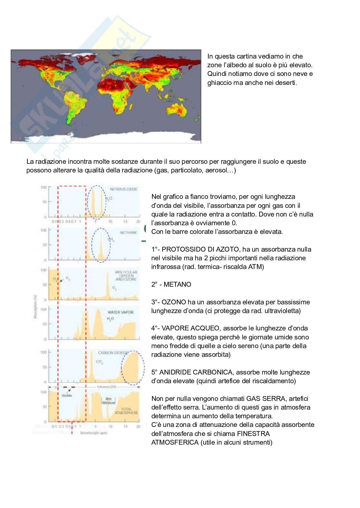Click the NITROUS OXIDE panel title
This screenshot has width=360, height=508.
123,189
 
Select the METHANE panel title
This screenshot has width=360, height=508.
128,232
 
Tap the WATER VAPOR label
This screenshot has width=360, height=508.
120,312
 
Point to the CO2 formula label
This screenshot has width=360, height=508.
100,362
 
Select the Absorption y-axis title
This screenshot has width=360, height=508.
35,308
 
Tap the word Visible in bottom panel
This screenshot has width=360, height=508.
67,395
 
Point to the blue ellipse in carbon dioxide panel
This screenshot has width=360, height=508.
132,368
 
